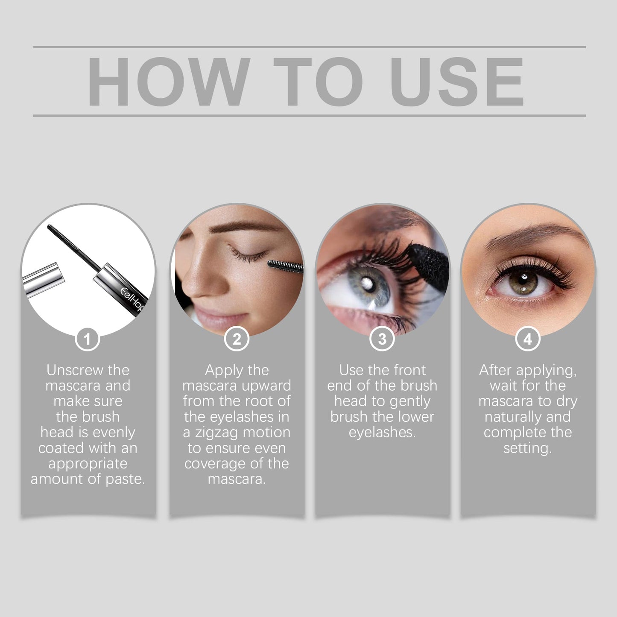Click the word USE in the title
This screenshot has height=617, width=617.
[457, 81]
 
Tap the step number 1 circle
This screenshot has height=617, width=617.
[88, 339]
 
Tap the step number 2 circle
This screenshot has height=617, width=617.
[237, 339]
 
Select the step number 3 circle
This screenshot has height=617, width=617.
[382, 339]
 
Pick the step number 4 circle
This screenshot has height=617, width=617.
[528, 339]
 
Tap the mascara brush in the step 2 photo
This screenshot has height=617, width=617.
[285, 266]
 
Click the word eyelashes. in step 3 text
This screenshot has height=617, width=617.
[382, 433]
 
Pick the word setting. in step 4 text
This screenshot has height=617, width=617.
[528, 448]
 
